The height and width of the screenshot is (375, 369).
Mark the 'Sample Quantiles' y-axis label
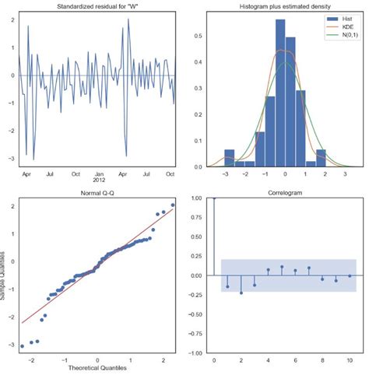5,277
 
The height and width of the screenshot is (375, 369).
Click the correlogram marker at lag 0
214,198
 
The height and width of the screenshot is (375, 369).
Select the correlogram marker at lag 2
241,293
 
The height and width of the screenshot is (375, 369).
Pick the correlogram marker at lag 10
350,275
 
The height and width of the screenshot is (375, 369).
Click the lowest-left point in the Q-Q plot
22,345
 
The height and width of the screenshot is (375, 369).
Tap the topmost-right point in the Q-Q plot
173,205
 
